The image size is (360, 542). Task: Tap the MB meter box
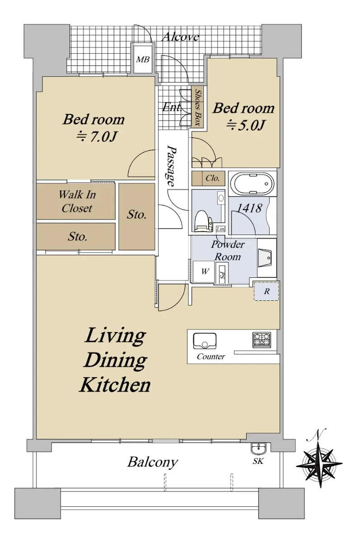tap(142, 59)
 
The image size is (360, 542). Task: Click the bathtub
tap(252, 183)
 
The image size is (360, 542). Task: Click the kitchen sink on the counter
tap(205, 341)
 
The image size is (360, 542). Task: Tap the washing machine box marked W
tap(205, 271)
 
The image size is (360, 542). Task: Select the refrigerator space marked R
tap(266, 291)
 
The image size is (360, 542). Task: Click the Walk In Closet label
tap(77, 201)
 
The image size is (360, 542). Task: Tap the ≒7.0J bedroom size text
tap(97, 137)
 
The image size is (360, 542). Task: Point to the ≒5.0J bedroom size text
tap(245, 126)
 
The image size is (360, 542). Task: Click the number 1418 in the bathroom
tap(249, 208)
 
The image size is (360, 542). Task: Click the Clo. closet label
tap(213, 178)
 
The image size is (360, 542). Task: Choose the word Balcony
tap(152, 462)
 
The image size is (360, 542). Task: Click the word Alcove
tap(181, 37)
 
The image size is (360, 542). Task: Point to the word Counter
tap(211, 356)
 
